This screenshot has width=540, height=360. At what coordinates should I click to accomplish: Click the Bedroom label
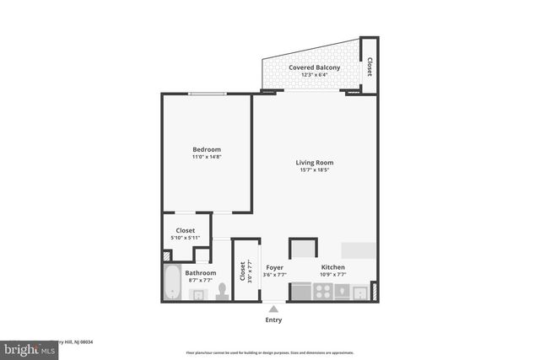[x=207, y=149]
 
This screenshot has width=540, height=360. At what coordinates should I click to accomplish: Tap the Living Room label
[x=314, y=162]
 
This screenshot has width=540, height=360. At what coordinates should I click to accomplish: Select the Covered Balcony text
[x=314, y=67]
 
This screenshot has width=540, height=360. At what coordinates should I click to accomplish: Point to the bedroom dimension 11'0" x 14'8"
[x=207, y=157]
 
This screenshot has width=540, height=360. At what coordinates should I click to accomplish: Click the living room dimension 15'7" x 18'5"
[x=314, y=169]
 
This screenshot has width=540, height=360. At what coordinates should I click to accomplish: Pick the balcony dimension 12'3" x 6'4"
[x=314, y=74]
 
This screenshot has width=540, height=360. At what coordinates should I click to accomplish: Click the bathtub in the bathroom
[x=171, y=282]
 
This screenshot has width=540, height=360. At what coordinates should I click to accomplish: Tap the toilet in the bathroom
[x=223, y=291]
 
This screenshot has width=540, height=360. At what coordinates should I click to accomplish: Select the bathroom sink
[x=197, y=293]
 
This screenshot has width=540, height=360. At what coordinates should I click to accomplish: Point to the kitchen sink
[x=359, y=293]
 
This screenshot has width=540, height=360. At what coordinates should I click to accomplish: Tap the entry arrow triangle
[x=273, y=309]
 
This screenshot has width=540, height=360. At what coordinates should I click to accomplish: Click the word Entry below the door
[x=273, y=320]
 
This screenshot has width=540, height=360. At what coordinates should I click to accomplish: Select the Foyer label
[x=274, y=267]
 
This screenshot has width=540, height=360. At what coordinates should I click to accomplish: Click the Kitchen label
[x=333, y=267]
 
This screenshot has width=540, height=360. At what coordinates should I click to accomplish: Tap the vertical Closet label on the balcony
[x=370, y=67]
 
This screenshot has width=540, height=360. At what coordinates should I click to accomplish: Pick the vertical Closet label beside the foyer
[x=242, y=271]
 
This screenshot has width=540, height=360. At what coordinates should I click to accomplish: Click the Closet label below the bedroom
[x=185, y=230]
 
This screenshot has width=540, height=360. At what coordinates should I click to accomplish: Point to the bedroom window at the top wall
[x=207, y=94]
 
